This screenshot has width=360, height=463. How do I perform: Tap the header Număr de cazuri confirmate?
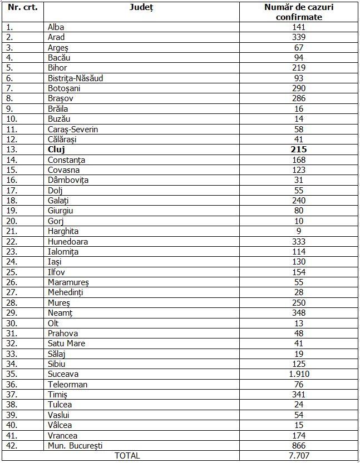299,12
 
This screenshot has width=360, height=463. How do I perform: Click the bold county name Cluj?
57,150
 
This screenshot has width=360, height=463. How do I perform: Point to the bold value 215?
299,150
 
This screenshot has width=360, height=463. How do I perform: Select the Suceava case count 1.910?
299,374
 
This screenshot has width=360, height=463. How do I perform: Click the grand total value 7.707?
299,456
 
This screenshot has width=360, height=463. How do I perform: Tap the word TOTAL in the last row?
127,456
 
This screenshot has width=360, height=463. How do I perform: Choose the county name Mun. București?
75,446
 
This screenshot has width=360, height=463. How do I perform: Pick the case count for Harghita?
299,231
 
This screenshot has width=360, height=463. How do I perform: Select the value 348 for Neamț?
299,313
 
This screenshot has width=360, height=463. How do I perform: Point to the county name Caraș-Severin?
73,129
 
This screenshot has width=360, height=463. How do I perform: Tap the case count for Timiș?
299,395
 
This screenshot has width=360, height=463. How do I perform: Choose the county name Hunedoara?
68,241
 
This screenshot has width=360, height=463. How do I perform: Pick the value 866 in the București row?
299,446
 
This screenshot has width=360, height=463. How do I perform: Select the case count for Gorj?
299,221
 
